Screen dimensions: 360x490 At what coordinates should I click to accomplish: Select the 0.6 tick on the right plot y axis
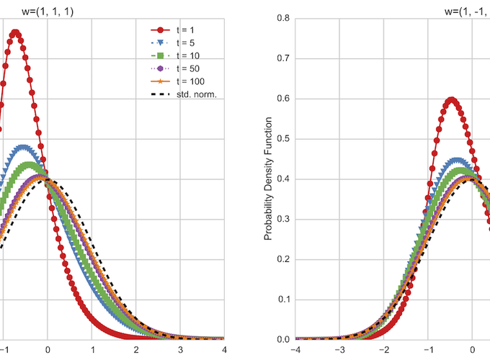(x=283, y=99)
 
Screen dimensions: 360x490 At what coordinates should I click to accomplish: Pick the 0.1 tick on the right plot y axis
(x=283, y=299)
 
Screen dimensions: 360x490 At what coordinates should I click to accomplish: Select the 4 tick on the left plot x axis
(x=223, y=350)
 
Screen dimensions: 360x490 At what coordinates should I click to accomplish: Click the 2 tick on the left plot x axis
(x=135, y=350)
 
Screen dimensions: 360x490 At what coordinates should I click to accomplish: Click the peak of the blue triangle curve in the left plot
(x=25, y=148)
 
